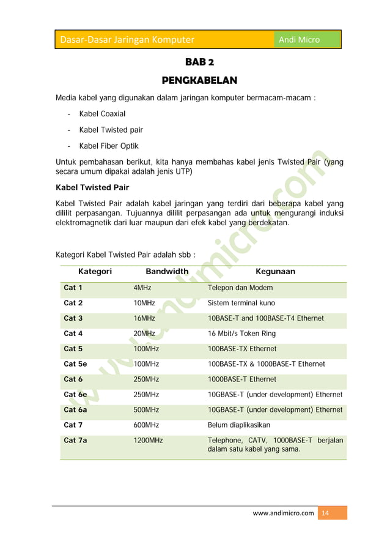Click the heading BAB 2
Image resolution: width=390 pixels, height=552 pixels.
(x=199, y=62)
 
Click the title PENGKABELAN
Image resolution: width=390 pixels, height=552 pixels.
(x=199, y=81)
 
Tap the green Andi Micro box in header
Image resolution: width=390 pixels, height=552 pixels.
(x=306, y=40)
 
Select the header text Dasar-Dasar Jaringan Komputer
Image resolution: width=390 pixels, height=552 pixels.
(x=127, y=40)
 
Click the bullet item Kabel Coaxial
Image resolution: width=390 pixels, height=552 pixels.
(x=102, y=114)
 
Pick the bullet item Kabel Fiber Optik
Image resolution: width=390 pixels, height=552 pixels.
(x=109, y=146)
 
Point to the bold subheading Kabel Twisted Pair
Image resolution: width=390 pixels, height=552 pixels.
(x=92, y=187)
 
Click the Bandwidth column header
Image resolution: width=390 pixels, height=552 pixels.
(x=167, y=271)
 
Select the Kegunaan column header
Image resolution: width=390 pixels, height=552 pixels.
(x=275, y=271)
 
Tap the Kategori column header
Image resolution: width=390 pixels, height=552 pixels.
(x=95, y=271)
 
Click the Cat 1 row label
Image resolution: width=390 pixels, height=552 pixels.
(x=73, y=288)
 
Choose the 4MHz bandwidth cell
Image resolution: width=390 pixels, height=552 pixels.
(x=142, y=288)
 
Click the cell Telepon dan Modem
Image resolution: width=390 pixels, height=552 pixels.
(x=240, y=288)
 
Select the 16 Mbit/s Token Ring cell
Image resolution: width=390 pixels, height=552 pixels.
(x=241, y=334)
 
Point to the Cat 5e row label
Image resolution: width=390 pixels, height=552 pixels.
(x=75, y=364)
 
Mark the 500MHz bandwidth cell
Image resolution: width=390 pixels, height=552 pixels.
(x=146, y=410)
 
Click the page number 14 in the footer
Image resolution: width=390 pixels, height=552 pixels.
(x=325, y=513)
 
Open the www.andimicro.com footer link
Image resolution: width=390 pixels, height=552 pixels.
(x=283, y=513)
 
